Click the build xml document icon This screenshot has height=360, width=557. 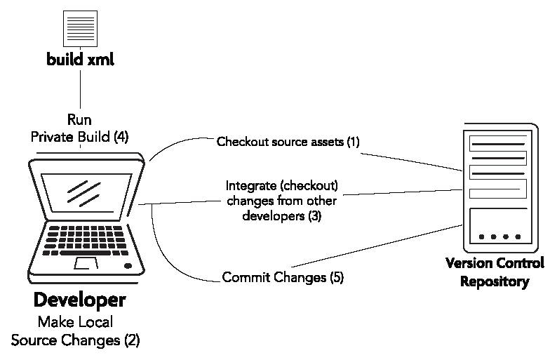tap(80, 29)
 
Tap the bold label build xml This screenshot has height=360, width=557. tap(80, 60)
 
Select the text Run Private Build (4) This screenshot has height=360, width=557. tap(79, 128)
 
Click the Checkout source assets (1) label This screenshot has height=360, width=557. tap(288, 142)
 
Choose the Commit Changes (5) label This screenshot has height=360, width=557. tap(283, 277)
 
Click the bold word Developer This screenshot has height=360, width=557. tap(79, 301)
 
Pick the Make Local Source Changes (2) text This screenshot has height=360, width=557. tap(75, 332)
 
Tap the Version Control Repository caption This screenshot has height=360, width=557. tap(495, 272)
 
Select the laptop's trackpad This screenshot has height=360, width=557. tap(86, 263)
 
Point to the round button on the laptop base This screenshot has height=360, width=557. tap(128, 266)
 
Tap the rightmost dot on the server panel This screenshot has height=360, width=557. tap(518, 236)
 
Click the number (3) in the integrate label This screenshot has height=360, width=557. tap(314, 216)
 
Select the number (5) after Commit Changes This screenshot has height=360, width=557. tap(336, 277)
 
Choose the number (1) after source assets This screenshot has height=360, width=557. tap(352, 142)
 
